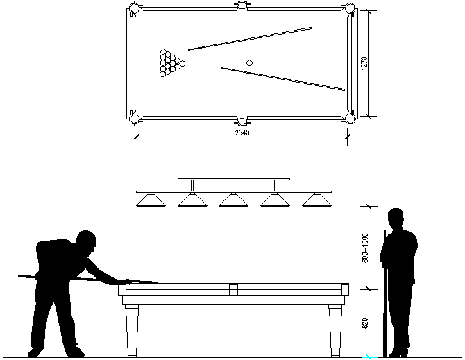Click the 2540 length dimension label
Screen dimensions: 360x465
click(242, 132)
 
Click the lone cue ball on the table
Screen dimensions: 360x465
click(249, 63)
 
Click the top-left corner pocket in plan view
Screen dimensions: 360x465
click(135, 9)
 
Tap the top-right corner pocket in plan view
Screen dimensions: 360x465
click(350, 9)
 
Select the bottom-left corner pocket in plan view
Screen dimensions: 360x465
click(135, 117)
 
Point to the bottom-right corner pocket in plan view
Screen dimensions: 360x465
click(350, 117)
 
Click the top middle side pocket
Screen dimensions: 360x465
click(242, 6)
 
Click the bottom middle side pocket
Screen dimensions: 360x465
click(242, 120)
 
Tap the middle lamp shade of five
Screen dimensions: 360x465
click(234, 200)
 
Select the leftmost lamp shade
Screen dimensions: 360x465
click(151, 200)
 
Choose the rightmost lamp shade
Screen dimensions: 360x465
click(316, 200)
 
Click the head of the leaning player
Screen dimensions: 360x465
click(87, 241)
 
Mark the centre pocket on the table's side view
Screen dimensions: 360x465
click(234, 288)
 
